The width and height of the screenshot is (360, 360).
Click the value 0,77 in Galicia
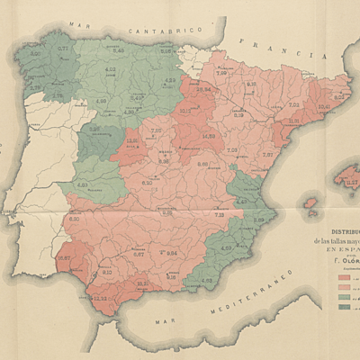point(63,49)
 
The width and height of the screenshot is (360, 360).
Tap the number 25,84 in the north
point(203,90)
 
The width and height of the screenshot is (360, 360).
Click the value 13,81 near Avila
point(132,140)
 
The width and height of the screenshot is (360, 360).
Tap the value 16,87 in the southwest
point(64,258)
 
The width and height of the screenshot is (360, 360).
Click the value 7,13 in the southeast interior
point(220,213)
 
